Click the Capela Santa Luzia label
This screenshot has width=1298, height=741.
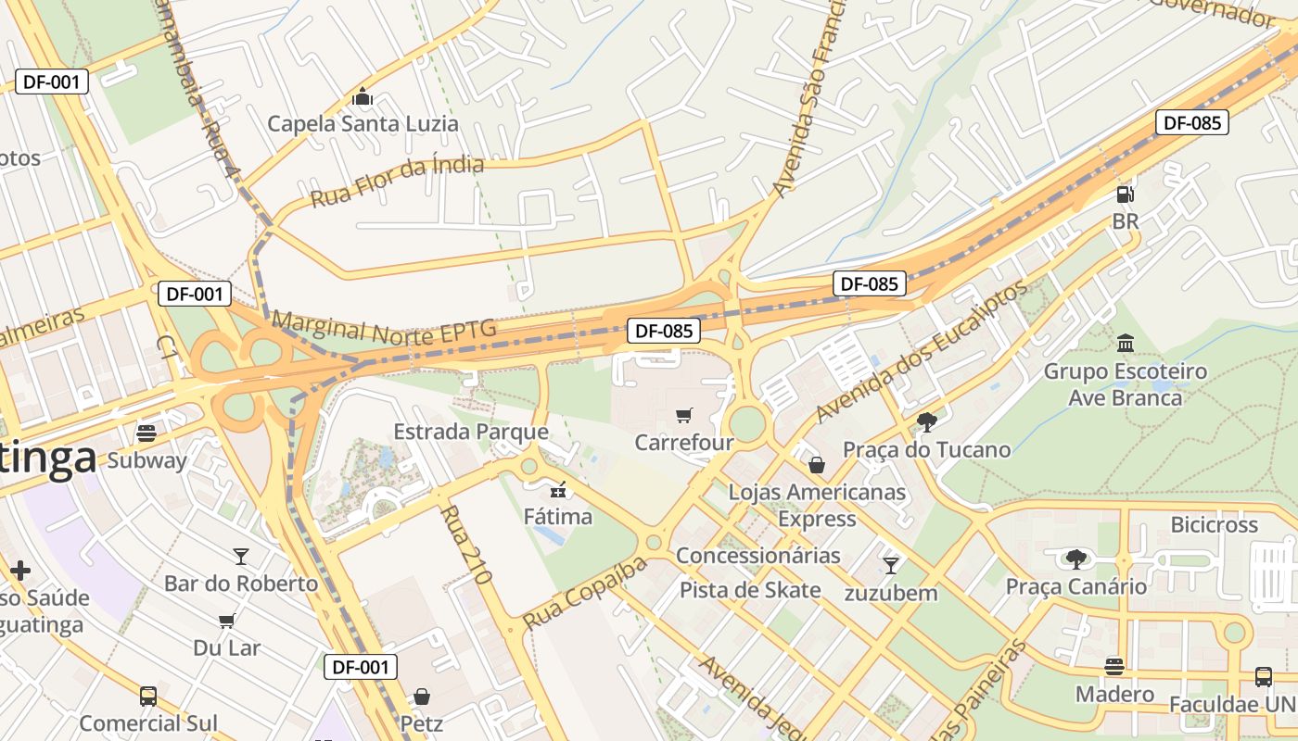click(x=363, y=123)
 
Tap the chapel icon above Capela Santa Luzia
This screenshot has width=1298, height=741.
click(x=363, y=96)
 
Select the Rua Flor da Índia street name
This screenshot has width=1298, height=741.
click(x=397, y=182)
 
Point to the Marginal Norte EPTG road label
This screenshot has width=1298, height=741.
click(x=384, y=329)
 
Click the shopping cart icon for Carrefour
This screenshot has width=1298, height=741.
click(x=684, y=416)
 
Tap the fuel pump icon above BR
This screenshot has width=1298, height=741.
click(x=1125, y=195)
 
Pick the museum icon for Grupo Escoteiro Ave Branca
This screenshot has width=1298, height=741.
click(x=1126, y=344)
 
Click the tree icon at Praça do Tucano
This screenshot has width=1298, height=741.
click(x=925, y=422)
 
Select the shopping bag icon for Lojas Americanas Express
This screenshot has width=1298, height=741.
click(x=817, y=464)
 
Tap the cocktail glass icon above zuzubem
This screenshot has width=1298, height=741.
click(x=891, y=564)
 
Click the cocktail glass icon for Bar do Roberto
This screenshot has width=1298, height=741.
click(x=241, y=556)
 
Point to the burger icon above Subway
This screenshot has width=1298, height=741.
click(x=146, y=433)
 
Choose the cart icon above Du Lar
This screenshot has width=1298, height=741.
click(x=227, y=620)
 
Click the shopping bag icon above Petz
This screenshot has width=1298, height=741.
click(x=422, y=696)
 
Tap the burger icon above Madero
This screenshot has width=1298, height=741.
click(x=1114, y=667)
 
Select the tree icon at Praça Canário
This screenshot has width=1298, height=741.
click(x=1075, y=559)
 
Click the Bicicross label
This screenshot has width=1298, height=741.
click(x=1214, y=525)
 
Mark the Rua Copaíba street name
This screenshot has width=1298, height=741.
click(x=584, y=593)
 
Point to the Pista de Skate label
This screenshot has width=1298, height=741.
click(x=750, y=590)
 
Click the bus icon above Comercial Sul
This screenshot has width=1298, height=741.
click(x=148, y=696)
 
